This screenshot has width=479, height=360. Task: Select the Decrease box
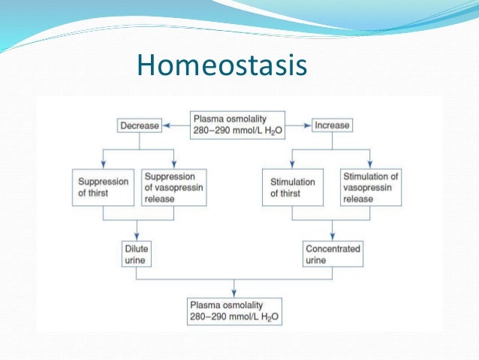click(140, 126)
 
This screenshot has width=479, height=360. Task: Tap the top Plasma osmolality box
click(235, 125)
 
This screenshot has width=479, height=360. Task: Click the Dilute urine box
click(137, 253)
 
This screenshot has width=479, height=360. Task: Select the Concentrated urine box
click(333, 253)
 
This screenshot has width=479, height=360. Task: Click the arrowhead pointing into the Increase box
click(308, 126)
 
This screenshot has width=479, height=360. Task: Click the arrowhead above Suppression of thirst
click(102, 167)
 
